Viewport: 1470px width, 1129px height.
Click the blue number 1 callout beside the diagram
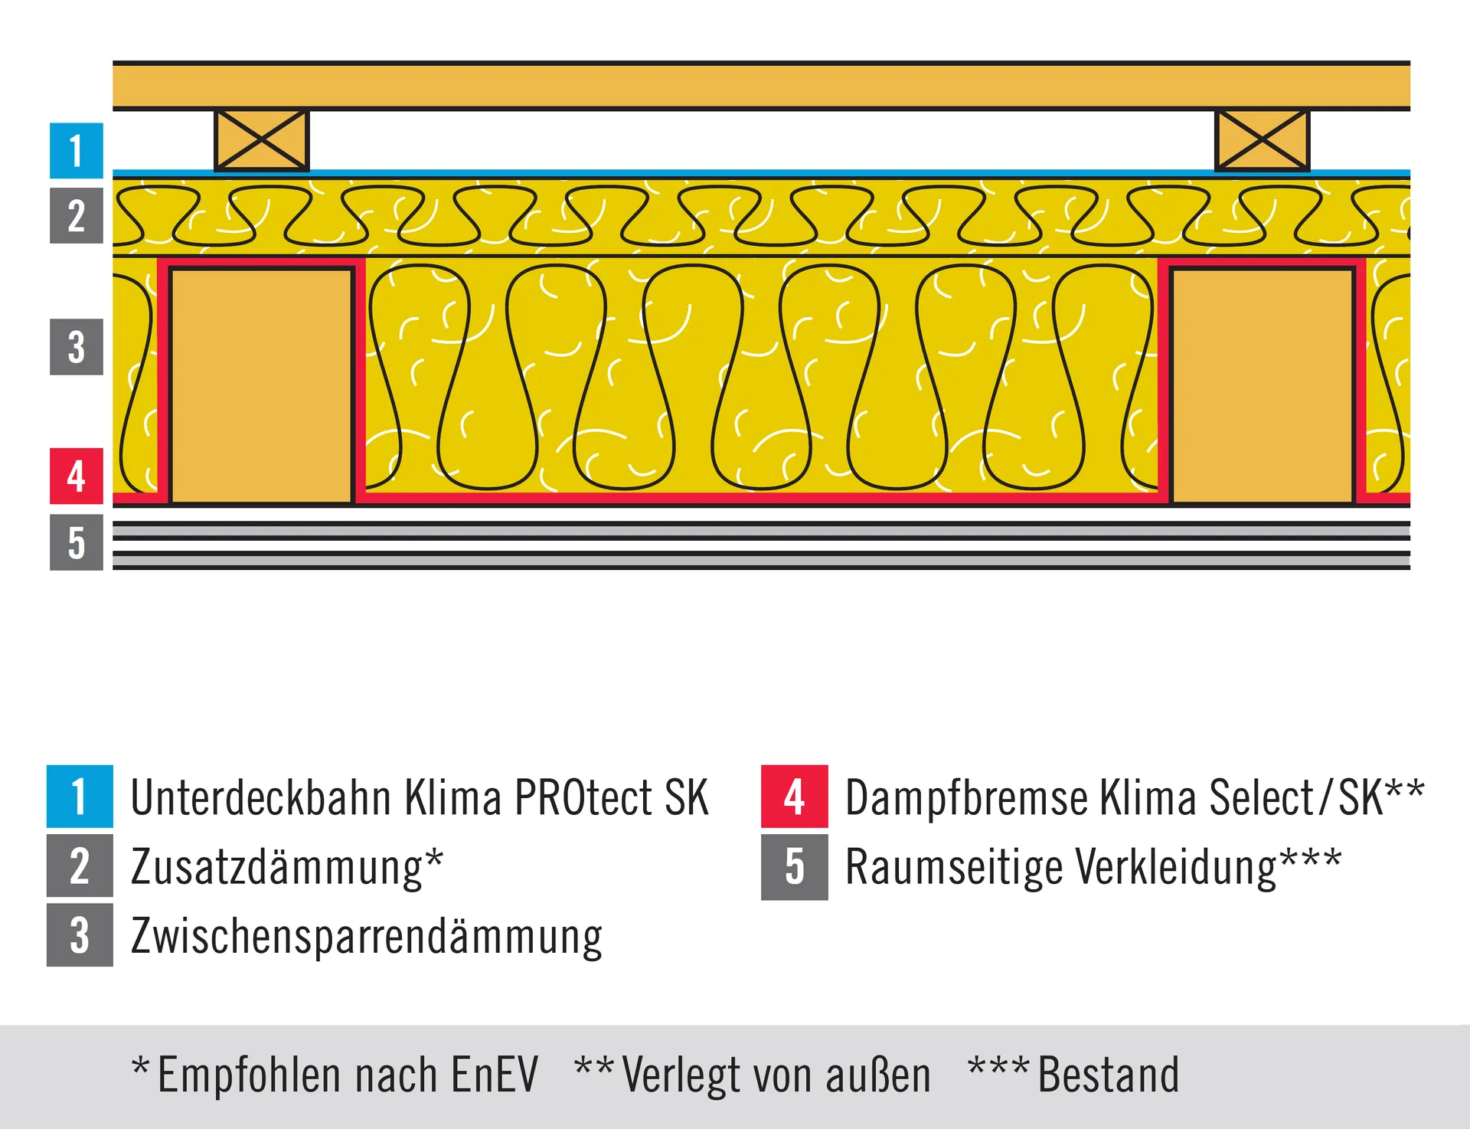tap(77, 150)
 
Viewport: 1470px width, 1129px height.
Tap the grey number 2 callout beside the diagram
tap(77, 215)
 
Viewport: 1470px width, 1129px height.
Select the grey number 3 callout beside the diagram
tap(77, 347)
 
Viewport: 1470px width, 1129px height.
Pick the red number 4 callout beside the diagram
tap(77, 476)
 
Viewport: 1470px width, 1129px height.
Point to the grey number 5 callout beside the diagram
tap(77, 542)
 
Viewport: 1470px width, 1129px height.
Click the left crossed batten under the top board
tap(262, 140)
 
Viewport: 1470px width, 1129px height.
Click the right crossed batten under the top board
tap(1263, 140)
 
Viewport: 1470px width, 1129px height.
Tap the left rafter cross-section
tap(262, 385)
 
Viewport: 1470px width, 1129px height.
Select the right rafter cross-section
tap(1263, 385)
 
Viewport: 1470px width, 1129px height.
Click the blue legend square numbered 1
tap(80, 797)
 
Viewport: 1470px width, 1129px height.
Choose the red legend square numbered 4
tap(795, 797)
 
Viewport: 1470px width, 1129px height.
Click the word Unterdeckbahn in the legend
tap(261, 798)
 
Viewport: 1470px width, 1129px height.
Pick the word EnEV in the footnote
tap(495, 1075)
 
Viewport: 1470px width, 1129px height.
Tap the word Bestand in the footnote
tap(1109, 1075)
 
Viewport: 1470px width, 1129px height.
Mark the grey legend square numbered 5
tap(795, 867)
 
